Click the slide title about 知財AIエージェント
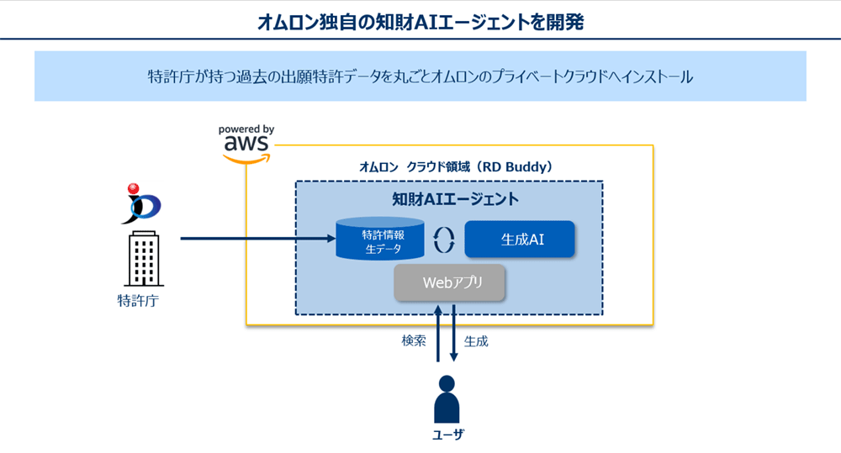[420, 21]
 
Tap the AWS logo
[246, 148]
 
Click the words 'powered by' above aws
[246, 129]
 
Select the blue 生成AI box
[519, 240]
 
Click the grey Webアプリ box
[451, 283]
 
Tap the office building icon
[143, 260]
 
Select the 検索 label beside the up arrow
[415, 341]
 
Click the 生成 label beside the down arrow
[476, 341]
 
